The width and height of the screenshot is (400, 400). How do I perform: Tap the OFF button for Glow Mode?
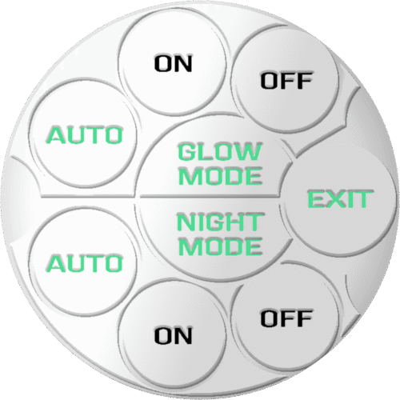pyautogui.click(x=286, y=80)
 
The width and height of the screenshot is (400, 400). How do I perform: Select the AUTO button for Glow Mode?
pyautogui.click(x=83, y=134)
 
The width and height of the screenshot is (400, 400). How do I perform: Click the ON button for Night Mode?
pyautogui.click(x=173, y=335)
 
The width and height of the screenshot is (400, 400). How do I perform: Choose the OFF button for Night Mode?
pyautogui.click(x=286, y=318)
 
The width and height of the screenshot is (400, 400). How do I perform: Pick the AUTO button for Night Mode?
pyautogui.click(x=83, y=263)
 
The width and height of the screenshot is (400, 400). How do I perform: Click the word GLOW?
pyautogui.click(x=220, y=151)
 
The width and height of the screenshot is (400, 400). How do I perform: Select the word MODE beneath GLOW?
pyautogui.click(x=220, y=176)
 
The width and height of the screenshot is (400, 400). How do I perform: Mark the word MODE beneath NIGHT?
pyautogui.click(x=220, y=246)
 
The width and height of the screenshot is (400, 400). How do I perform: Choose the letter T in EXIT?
pyautogui.click(x=363, y=199)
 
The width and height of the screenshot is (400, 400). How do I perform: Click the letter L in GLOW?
pyautogui.click(x=204, y=151)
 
